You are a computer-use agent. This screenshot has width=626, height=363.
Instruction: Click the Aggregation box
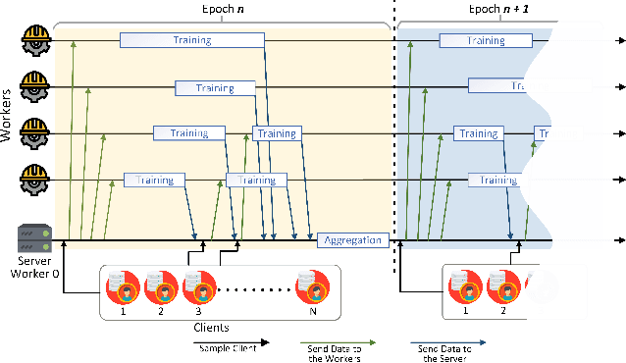(x=352, y=240)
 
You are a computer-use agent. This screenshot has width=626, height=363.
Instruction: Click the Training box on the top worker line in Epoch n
(x=192, y=40)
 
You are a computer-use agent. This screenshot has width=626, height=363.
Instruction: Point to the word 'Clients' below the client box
(x=214, y=328)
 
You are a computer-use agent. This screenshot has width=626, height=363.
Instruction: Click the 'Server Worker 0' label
(x=35, y=268)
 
